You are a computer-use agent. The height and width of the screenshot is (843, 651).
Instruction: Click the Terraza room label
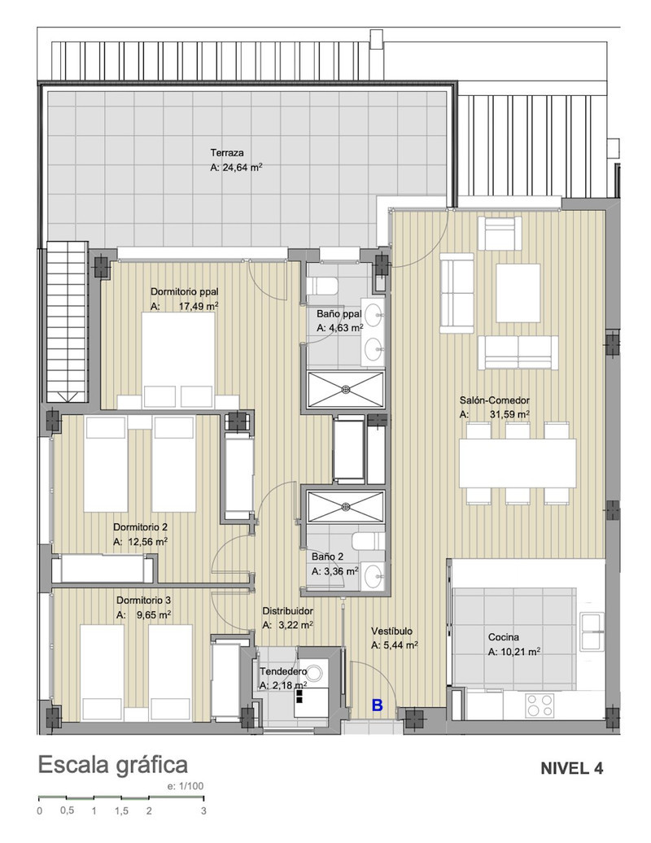point(227,153)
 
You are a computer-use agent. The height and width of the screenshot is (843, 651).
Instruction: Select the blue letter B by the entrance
point(378,705)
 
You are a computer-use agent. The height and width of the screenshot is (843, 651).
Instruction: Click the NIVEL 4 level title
point(571,768)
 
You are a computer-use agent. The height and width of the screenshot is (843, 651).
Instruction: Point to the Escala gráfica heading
point(113,765)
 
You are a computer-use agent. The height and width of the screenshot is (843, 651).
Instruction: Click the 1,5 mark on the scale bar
point(121,810)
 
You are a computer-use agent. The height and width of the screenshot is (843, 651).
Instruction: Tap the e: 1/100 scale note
point(186,786)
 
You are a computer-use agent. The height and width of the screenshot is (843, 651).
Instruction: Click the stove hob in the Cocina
point(540,705)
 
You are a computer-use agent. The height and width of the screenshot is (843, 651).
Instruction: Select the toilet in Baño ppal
point(322,286)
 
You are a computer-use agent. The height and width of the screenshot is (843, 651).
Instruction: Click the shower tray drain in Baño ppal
point(347,388)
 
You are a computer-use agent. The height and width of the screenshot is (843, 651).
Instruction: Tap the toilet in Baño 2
point(369,540)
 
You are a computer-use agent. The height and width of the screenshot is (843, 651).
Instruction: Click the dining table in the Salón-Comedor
point(518,464)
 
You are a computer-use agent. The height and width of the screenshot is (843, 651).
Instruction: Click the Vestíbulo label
point(391,631)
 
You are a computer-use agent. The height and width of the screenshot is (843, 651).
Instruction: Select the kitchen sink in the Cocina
point(592,631)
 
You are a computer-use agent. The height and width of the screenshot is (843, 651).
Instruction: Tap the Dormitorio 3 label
point(143,600)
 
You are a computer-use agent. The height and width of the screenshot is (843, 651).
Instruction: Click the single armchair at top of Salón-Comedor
point(500,234)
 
